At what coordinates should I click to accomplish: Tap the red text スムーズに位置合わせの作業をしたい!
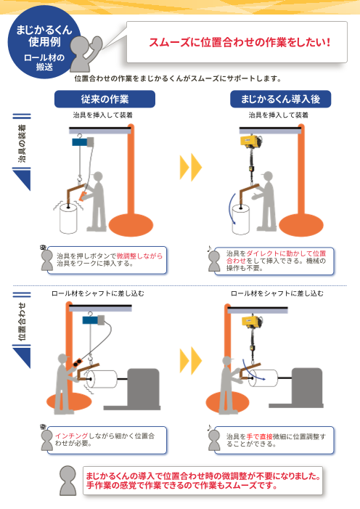[239, 42]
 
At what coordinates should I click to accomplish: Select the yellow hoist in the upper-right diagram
[247, 142]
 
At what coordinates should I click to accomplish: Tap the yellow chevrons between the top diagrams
[190, 168]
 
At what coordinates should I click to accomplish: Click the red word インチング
[70, 434]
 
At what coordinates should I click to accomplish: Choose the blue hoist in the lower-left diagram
[91, 320]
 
